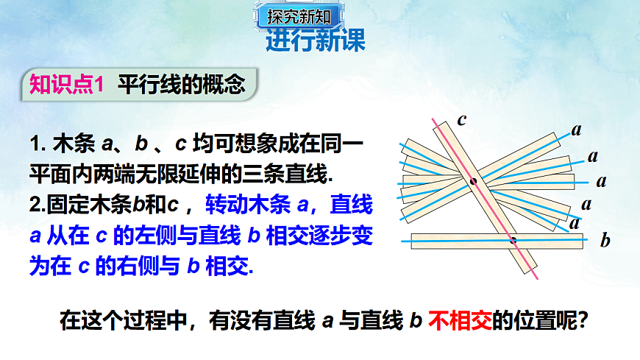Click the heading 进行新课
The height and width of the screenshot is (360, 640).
coord(316,41)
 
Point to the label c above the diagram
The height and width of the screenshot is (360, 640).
coord(462,119)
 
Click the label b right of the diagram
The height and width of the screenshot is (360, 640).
coord(605,240)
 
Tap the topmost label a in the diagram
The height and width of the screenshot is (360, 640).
coord(576,130)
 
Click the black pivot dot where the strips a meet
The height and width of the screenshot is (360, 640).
coord(473,180)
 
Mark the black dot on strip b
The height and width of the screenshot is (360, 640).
coord(513,239)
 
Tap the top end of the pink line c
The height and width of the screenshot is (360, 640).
coord(433,120)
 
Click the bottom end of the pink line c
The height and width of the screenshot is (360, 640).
coord(538,278)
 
